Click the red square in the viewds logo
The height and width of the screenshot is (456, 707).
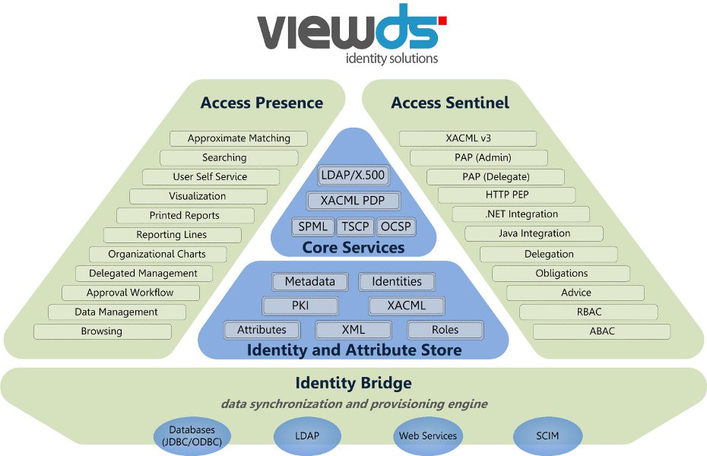442,21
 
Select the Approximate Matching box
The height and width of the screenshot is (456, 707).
239,138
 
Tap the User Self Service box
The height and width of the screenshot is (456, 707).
211,176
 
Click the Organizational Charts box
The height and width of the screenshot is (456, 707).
157,254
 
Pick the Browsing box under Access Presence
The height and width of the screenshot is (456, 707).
102,331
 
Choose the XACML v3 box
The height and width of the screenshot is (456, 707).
468,138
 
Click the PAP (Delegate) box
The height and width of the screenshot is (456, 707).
495,176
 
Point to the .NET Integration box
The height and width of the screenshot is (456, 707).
521,214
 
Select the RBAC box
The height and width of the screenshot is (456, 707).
588,312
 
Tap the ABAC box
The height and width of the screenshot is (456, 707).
602,331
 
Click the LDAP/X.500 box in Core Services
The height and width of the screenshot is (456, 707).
353,176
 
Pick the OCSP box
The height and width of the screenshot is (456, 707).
395,226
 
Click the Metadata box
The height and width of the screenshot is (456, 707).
310,282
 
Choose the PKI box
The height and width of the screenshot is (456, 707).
300,306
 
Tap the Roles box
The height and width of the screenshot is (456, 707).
445,330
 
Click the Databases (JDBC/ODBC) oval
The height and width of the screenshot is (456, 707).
187,435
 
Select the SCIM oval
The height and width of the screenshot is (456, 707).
547,435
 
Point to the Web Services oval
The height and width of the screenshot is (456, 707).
428,435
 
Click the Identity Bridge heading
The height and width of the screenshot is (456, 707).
353,383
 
